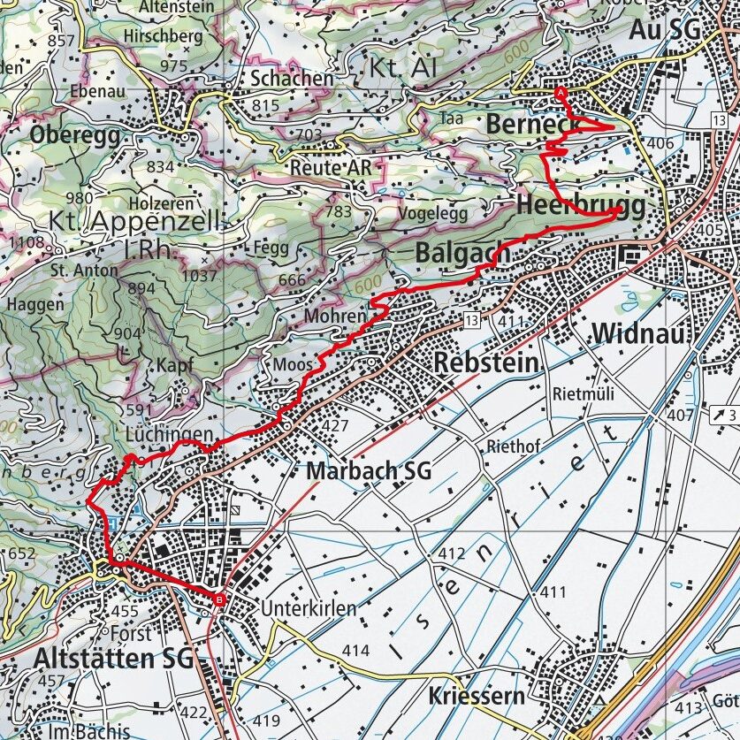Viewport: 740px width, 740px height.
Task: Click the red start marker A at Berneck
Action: [x=560, y=92]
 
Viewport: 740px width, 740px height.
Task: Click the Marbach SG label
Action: [x=369, y=471]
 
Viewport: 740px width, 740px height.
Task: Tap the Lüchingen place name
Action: [x=169, y=435]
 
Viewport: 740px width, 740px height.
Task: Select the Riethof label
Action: [x=512, y=446]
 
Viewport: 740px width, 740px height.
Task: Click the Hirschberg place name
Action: [x=164, y=37]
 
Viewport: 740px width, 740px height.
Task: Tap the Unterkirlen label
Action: [x=308, y=608]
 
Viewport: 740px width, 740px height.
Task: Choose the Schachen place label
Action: [x=292, y=78]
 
